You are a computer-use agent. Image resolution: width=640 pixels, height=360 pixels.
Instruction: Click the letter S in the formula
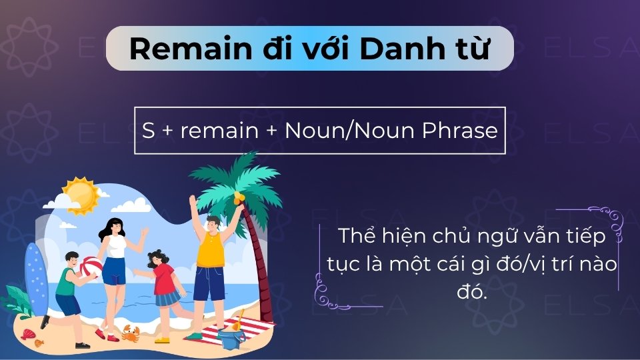pyautogui.click(x=148, y=130)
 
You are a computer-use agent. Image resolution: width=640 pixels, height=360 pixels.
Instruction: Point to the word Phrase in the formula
pyautogui.click(x=464, y=130)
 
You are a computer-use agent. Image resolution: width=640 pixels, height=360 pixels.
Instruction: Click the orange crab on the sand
pyautogui.click(x=129, y=332)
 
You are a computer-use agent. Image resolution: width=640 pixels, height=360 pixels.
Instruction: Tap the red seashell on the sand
pyautogui.click(x=27, y=333)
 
